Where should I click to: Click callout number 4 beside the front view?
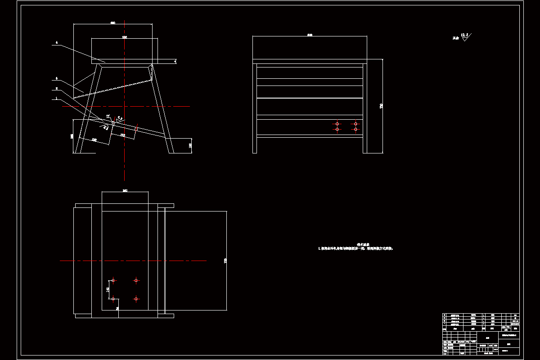pyautogui.click(x=57, y=43)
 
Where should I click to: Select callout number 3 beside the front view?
pyautogui.click(x=57, y=78)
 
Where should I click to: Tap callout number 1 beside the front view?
pyautogui.click(x=56, y=98)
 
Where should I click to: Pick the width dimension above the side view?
pyautogui.click(x=310, y=34)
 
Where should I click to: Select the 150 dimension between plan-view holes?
pyautogui.click(x=108, y=289)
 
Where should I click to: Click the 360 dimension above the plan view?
pyautogui.click(x=125, y=190)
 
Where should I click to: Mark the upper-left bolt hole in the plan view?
pyautogui.click(x=113, y=280)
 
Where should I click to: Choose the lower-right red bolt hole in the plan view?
pyautogui.click(x=136, y=298)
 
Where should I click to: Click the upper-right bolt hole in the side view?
pyautogui.click(x=355, y=123)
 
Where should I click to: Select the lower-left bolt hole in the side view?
pyautogui.click(x=337, y=130)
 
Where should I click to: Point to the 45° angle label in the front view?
pyautogui.click(x=108, y=116)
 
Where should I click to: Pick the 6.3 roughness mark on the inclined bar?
pyautogui.click(x=120, y=119)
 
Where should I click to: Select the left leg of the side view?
pyautogui.click(x=255, y=108)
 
